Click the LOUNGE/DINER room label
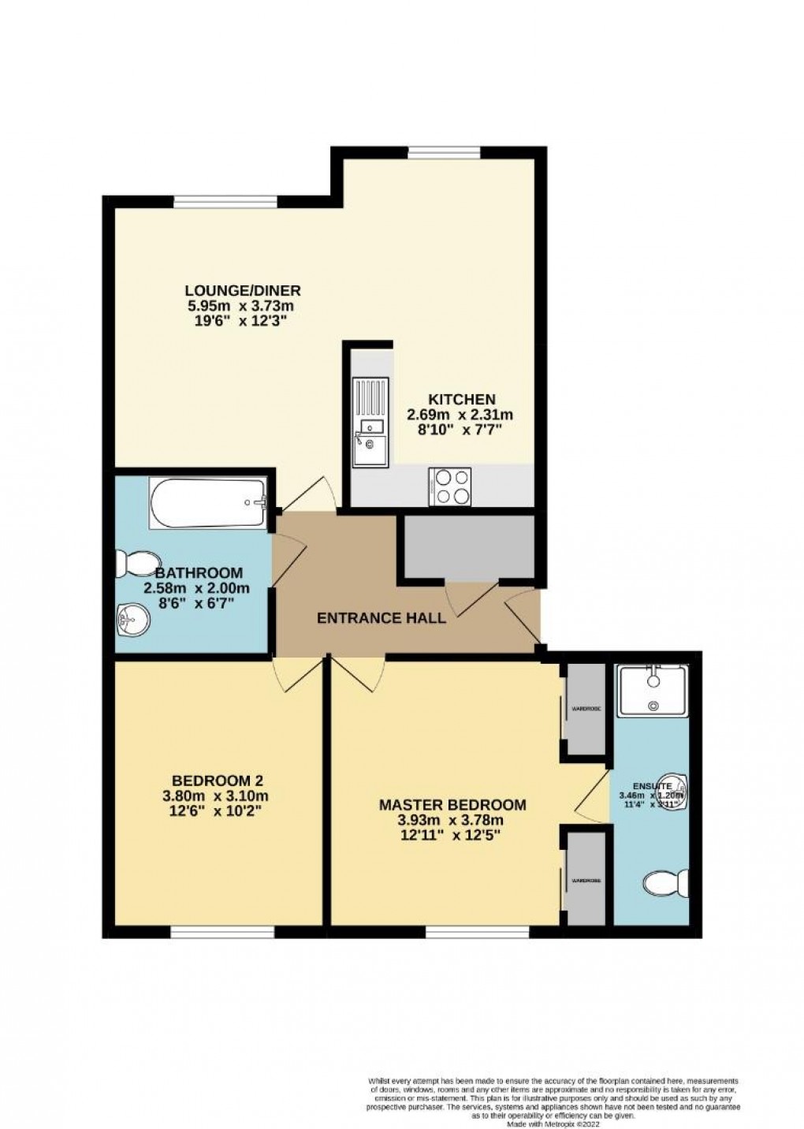[243, 290]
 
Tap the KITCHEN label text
[461, 399]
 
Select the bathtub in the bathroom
[209, 503]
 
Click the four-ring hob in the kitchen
[450, 486]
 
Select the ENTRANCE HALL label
[381, 618]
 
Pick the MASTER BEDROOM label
[452, 805]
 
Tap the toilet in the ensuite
[667, 885]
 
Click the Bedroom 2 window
[222, 933]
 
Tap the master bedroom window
[477, 933]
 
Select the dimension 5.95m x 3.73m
[243, 306]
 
